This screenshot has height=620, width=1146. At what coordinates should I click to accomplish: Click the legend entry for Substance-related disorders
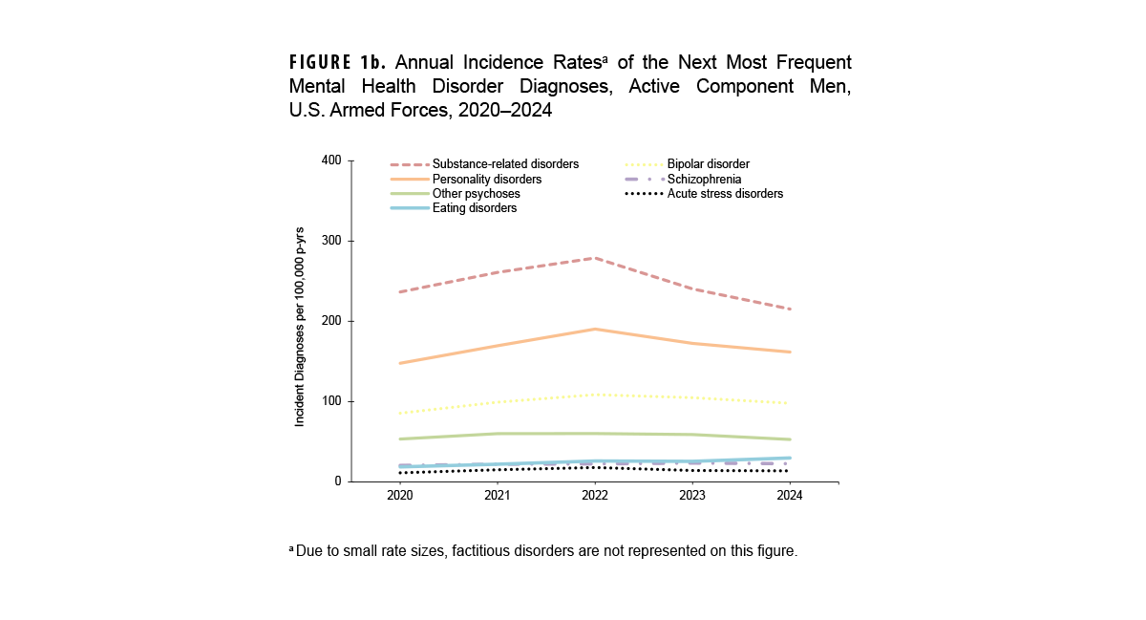[x=505, y=164]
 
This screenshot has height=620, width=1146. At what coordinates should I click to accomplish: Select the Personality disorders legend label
[x=486, y=179]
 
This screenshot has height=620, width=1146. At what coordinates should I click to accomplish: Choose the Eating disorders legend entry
[x=474, y=207]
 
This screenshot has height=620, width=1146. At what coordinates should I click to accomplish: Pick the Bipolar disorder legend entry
[x=708, y=164]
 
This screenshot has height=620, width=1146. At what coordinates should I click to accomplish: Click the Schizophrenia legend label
[x=704, y=179]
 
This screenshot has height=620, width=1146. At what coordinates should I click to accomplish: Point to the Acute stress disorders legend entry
[x=725, y=193]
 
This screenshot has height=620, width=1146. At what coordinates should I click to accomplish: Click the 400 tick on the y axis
[x=331, y=160]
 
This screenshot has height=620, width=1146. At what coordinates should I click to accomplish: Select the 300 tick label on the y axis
[x=331, y=241]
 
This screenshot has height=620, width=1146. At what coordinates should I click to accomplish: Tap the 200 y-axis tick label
[x=331, y=321]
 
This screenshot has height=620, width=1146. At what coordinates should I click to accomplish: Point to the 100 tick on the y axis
[x=331, y=401]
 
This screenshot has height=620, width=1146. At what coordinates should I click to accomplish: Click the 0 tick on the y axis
[x=337, y=481]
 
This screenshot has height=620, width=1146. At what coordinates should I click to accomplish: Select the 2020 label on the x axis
[x=399, y=496]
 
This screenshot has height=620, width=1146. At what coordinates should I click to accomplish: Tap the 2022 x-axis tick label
[x=594, y=496]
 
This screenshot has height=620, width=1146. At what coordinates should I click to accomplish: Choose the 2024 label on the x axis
[x=789, y=496]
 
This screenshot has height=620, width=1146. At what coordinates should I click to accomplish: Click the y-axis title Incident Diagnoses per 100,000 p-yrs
[x=300, y=326]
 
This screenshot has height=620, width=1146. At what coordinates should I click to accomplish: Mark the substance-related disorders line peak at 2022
[x=594, y=258]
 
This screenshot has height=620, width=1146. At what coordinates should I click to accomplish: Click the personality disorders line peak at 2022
[x=594, y=329]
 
